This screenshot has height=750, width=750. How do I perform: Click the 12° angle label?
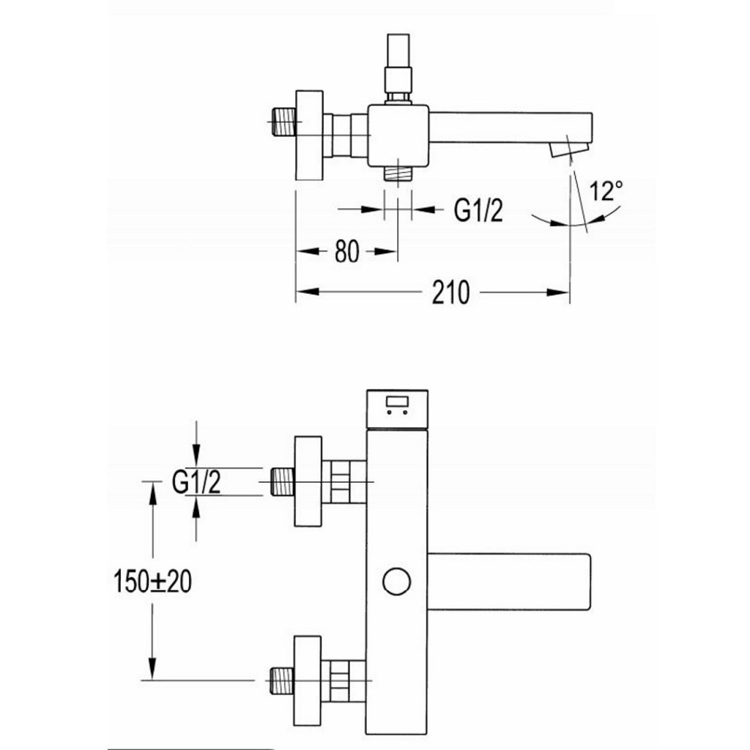pyautogui.click(x=607, y=192)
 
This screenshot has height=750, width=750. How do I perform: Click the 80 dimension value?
pyautogui.click(x=347, y=252)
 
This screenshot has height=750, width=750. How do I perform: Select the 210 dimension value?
pyautogui.click(x=450, y=293)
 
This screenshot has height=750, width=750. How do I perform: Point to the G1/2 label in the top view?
pyautogui.click(x=479, y=211)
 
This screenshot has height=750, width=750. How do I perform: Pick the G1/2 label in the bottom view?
pyautogui.click(x=196, y=483)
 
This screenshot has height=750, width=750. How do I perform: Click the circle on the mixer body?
pyautogui.click(x=396, y=582)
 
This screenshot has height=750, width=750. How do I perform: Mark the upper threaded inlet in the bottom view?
pyautogui.click(x=282, y=481)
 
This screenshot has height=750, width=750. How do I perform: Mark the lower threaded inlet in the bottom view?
pyautogui.click(x=282, y=680)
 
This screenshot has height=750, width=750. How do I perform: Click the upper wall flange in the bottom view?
pyautogui.click(x=308, y=481)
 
